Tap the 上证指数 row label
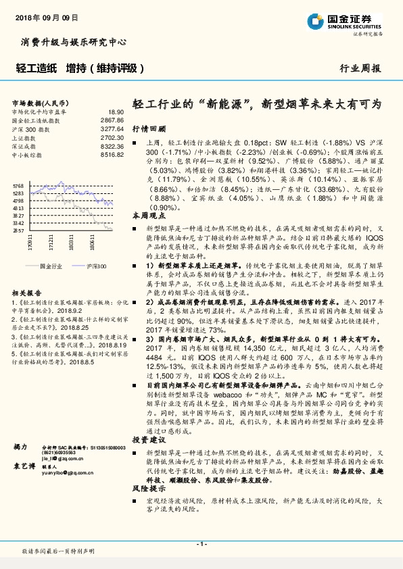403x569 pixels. (x=24, y=137)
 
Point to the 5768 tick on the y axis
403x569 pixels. (x=18, y=185)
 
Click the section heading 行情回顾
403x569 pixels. (x=148, y=128)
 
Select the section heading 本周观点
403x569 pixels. (x=148, y=215)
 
